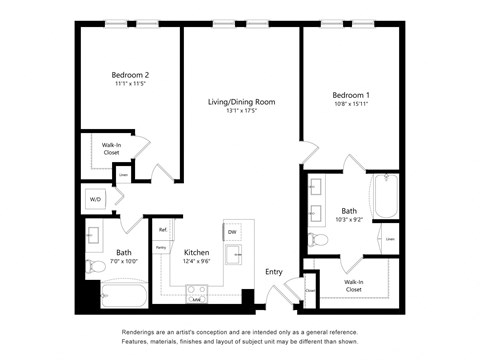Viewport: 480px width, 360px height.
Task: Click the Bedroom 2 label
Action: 130,75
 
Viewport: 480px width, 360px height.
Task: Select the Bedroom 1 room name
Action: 352,95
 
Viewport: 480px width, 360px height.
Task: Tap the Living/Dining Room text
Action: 241,102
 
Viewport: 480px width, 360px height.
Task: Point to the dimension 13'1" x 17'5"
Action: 241,112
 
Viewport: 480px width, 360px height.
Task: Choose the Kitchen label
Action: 196,253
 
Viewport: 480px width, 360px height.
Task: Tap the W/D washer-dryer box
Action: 96,200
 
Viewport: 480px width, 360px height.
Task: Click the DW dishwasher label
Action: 232,232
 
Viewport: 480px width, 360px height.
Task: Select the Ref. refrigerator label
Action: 162,231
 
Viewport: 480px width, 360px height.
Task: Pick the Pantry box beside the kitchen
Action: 160,247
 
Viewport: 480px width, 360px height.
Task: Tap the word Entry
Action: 273,271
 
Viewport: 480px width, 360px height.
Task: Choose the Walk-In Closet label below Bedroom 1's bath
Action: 354,284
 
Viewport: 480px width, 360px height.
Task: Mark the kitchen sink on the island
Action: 233,255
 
